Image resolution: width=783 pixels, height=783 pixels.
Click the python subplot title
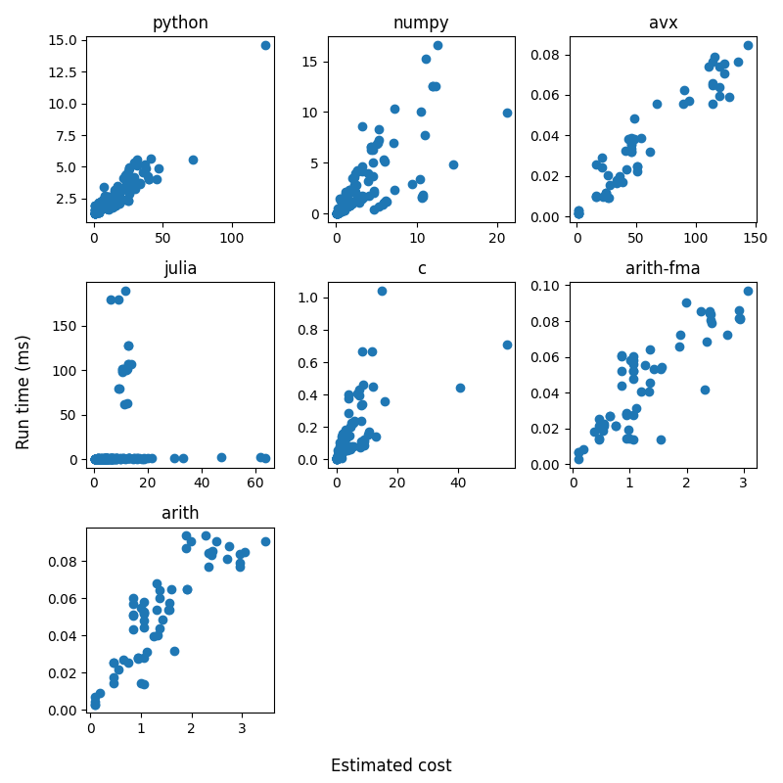(180, 23)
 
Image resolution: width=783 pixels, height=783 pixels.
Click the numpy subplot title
(421, 23)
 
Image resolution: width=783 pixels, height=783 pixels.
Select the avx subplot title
(663, 23)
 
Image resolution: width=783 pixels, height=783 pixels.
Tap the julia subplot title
(180, 268)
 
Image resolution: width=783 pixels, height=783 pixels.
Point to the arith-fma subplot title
(663, 268)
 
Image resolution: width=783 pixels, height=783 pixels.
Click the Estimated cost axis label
(391, 765)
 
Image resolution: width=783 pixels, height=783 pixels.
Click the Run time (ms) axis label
(23, 391)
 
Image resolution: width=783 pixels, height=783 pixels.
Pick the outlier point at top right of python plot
(265, 45)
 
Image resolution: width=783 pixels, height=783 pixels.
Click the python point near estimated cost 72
(193, 160)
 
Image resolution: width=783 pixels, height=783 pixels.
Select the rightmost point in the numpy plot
(507, 113)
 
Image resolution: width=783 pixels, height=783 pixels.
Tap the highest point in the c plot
(382, 291)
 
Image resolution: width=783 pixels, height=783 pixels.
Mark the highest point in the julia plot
(125, 291)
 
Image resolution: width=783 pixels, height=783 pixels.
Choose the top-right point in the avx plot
(748, 45)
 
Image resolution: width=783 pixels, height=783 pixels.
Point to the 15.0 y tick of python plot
(65, 40)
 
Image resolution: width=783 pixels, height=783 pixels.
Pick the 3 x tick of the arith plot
(241, 728)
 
